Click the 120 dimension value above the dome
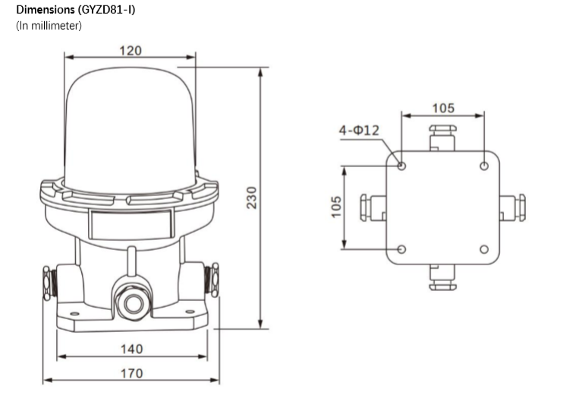[131, 51]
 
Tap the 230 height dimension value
[252, 198]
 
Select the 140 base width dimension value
[132, 349]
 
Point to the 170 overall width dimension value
[132, 373]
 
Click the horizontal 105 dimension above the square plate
[443, 108]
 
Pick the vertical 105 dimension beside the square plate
[336, 207]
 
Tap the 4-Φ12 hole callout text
[359, 130]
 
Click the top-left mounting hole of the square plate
[402, 166]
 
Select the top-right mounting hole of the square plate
[484, 166]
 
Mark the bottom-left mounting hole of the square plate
[402, 249]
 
